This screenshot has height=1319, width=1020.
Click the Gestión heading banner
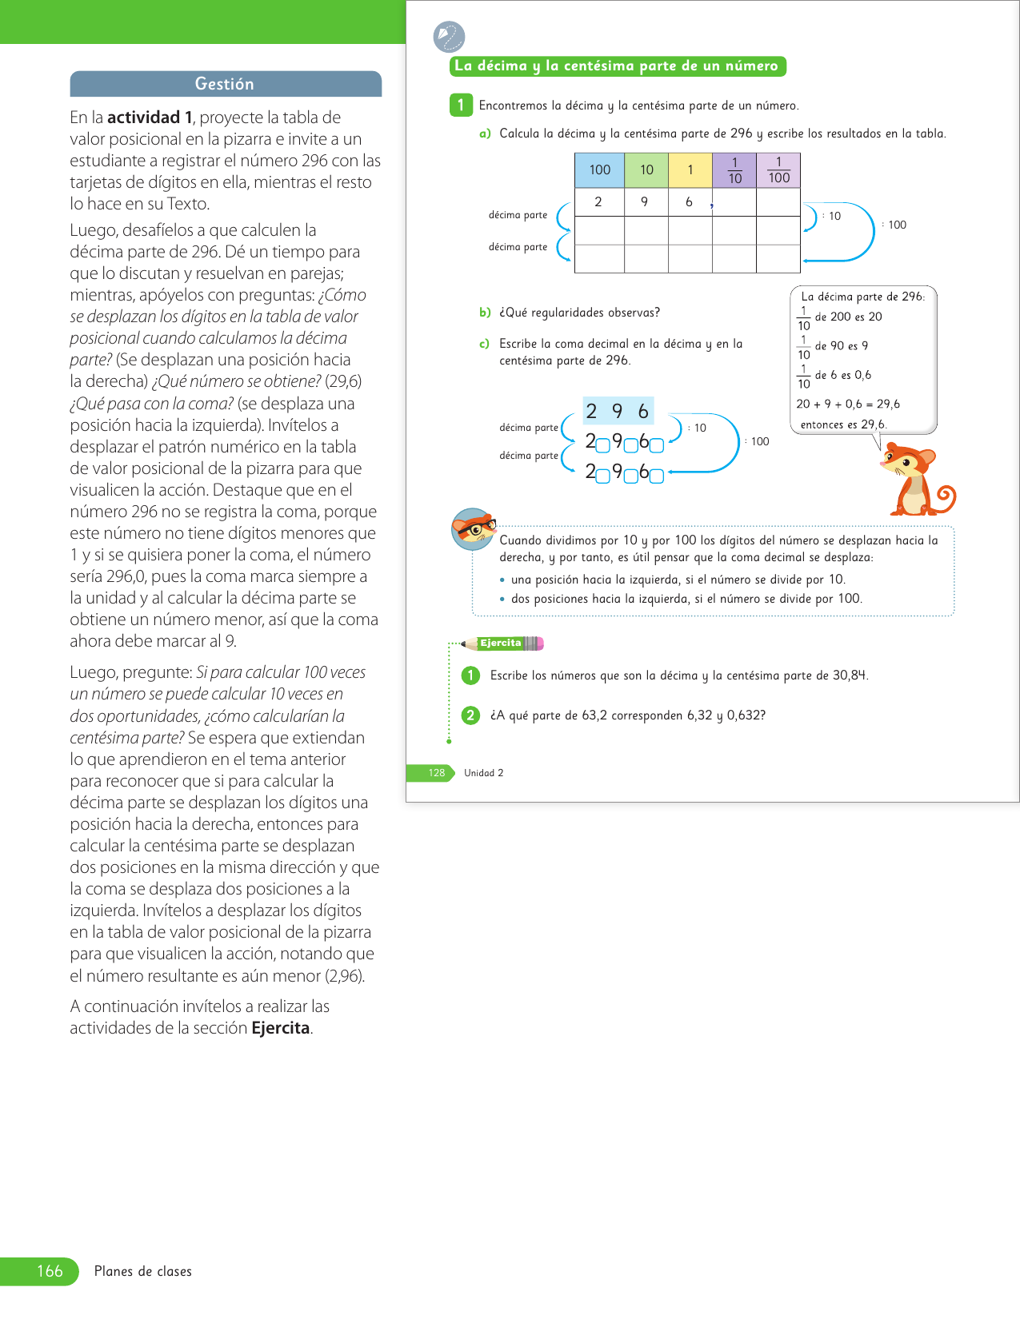pyautogui.click(x=225, y=84)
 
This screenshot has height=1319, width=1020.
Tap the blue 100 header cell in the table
pyautogui.click(x=599, y=169)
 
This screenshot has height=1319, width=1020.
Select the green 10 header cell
pyautogui.click(x=646, y=169)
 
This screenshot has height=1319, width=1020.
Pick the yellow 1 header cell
pyautogui.click(x=690, y=169)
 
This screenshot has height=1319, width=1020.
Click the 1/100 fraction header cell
pyautogui.click(x=778, y=170)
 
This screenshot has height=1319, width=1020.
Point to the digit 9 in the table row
pyautogui.click(x=644, y=202)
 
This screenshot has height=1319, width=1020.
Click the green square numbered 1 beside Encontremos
pyautogui.click(x=461, y=105)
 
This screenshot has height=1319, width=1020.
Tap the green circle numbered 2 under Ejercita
pyautogui.click(x=470, y=715)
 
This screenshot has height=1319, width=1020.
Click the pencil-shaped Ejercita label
pyautogui.click(x=502, y=644)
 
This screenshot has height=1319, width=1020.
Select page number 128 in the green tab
pyautogui.click(x=436, y=773)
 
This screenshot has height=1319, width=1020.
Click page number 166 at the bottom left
pyautogui.click(x=50, y=1271)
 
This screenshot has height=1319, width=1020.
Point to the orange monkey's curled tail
pyautogui.click(x=945, y=498)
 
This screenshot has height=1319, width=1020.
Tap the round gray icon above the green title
pyautogui.click(x=448, y=37)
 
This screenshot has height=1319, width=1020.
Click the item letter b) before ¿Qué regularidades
pyautogui.click(x=485, y=313)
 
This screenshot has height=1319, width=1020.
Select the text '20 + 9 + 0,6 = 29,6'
pyautogui.click(x=848, y=404)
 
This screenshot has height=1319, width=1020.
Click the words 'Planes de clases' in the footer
pyautogui.click(x=143, y=1271)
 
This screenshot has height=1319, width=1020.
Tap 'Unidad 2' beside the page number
pyautogui.click(x=483, y=773)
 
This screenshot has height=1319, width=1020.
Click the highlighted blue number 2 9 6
pyautogui.click(x=618, y=411)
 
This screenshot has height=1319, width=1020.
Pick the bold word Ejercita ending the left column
pyautogui.click(x=280, y=1028)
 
